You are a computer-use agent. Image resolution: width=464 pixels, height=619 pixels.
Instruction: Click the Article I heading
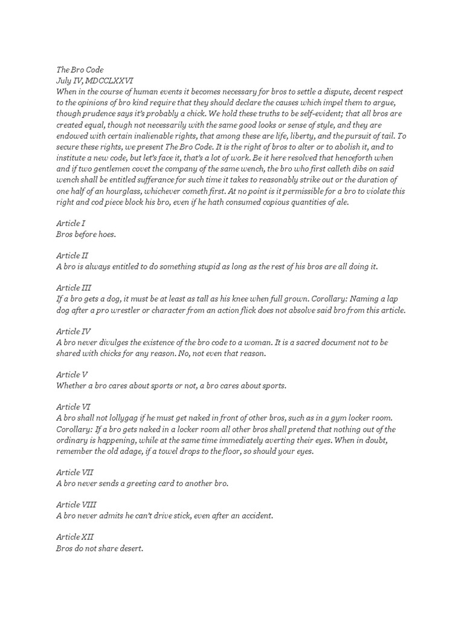point(71,224)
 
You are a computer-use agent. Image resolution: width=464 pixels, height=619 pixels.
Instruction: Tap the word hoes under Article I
point(104,235)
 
